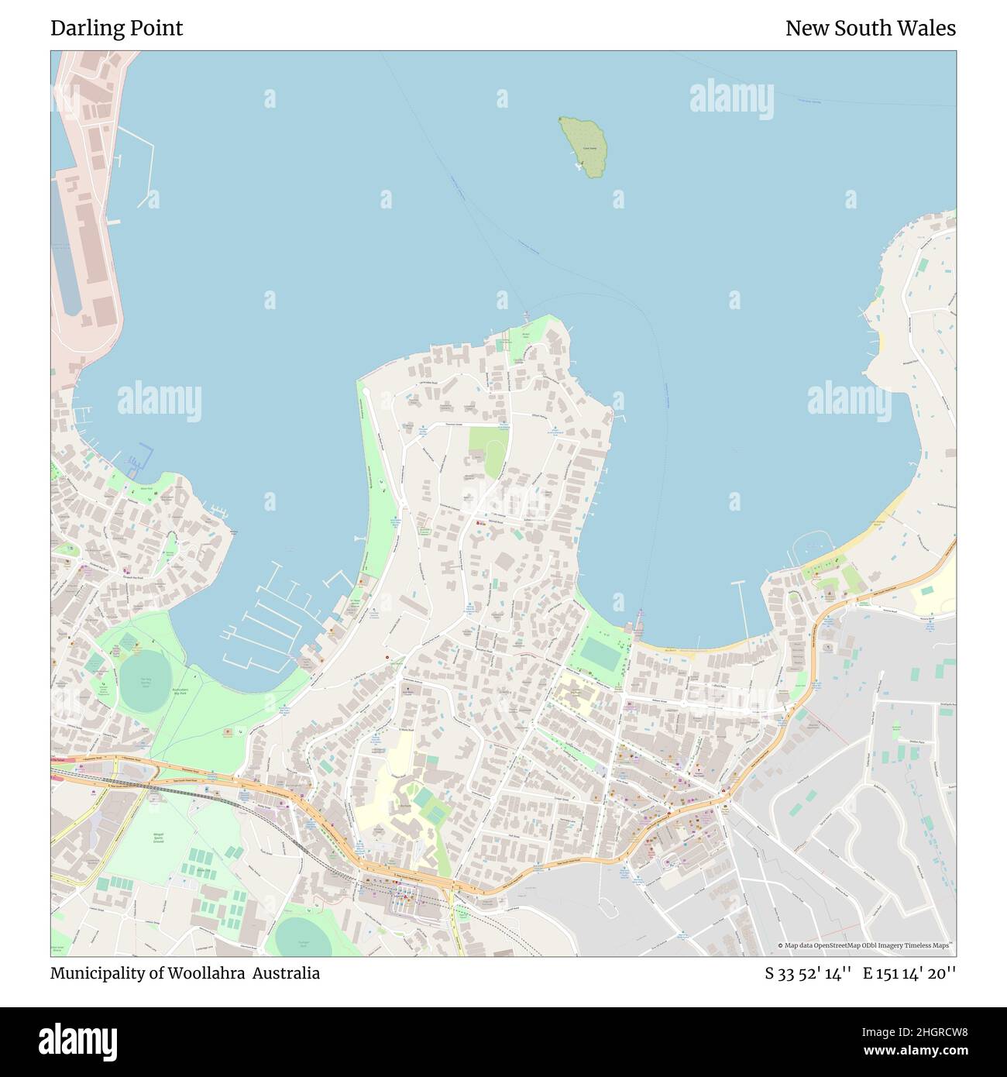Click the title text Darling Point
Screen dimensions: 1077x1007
pyautogui.click(x=117, y=29)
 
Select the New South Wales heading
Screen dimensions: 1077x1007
pyautogui.click(x=870, y=29)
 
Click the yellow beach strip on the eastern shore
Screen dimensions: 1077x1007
pyautogui.click(x=891, y=511)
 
